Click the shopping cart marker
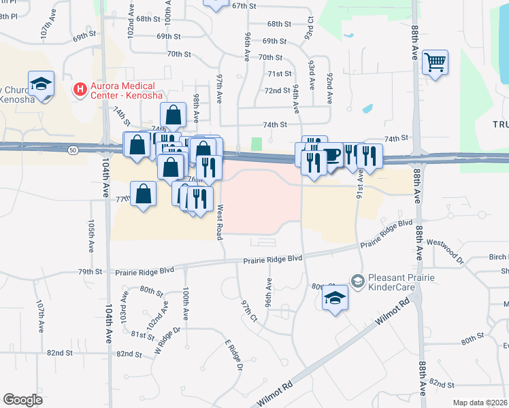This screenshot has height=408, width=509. pos(435,63)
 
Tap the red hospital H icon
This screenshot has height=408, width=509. pos(80,88)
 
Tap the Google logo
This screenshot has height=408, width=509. pos(23,400)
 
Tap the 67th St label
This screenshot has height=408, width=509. pos(243,5)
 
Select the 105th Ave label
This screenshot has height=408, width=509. pos(91,235)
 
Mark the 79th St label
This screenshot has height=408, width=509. pos(90,271)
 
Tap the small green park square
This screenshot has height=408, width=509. pos(256,144)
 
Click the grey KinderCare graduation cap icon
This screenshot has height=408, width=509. pos(357,280)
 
